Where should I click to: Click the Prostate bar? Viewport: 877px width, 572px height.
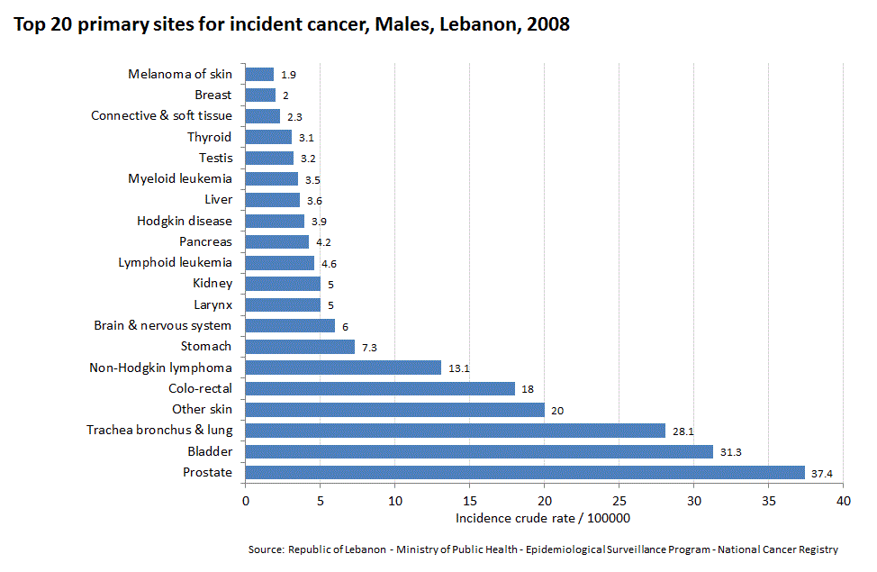click(x=525, y=472)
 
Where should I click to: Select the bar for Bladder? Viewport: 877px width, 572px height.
click(x=479, y=451)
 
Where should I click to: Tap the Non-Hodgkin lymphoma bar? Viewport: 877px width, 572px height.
click(x=343, y=368)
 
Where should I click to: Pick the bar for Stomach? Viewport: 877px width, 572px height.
click(x=300, y=346)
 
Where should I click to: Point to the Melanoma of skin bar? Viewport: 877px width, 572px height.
click(x=259, y=74)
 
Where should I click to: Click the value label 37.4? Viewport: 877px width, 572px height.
click(x=822, y=474)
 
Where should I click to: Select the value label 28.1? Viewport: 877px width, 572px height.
click(x=683, y=431)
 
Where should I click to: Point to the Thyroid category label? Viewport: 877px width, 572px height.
click(x=209, y=137)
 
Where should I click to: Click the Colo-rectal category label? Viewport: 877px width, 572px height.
click(x=200, y=388)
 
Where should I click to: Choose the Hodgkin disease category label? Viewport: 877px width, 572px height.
click(x=184, y=221)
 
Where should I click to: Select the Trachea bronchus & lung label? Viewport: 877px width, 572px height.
click(x=158, y=431)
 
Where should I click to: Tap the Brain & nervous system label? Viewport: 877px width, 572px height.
click(x=162, y=325)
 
